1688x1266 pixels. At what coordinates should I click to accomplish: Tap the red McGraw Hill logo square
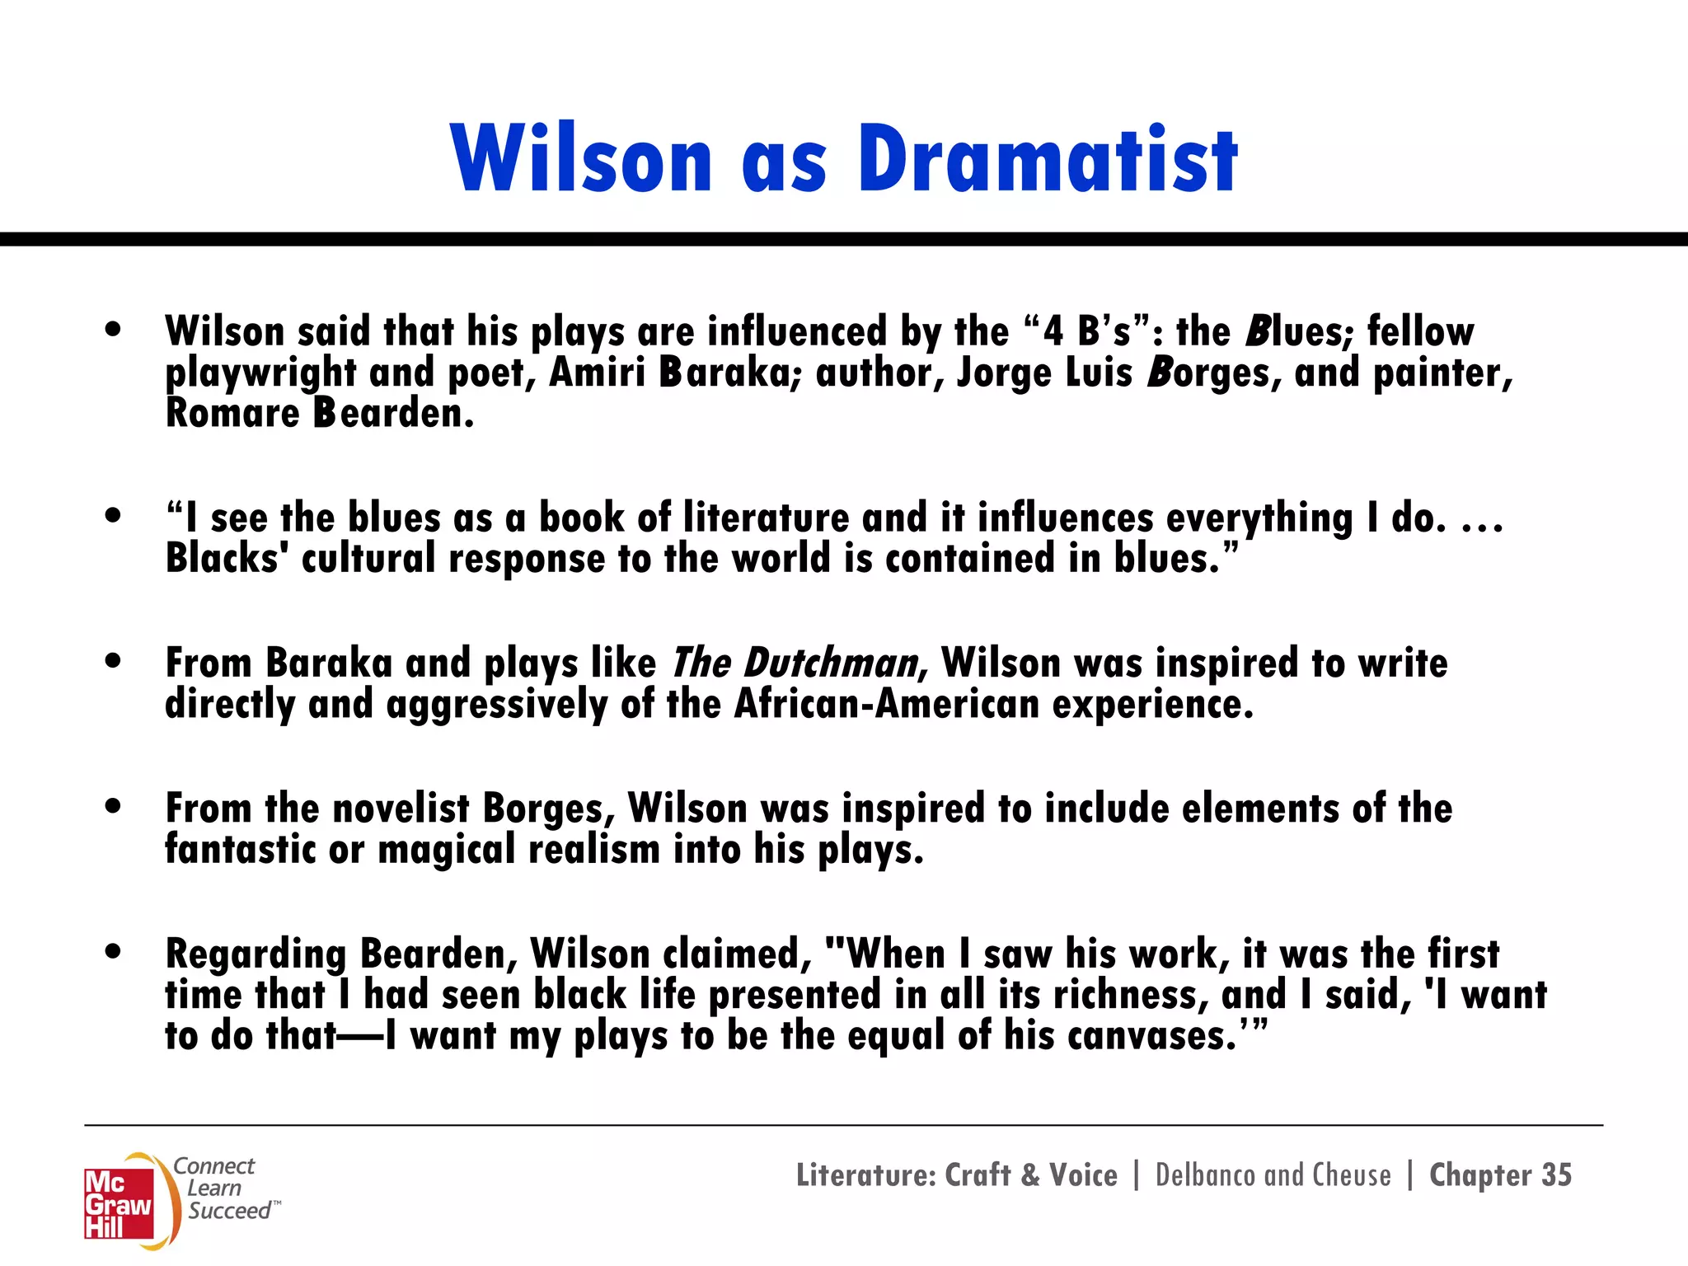pos(119,1203)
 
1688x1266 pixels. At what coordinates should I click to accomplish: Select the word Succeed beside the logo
pos(229,1211)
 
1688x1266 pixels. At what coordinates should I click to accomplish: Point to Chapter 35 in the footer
pos(1500,1175)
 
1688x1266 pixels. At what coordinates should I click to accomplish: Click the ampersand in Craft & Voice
pos(1030,1175)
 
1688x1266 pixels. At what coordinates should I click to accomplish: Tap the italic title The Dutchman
pos(795,663)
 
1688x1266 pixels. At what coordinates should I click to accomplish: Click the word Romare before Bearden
pos(232,413)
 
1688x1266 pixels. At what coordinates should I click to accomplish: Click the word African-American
pos(886,704)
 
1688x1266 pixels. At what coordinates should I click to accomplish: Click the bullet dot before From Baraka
pos(114,661)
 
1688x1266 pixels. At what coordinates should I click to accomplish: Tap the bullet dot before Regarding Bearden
pos(114,951)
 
